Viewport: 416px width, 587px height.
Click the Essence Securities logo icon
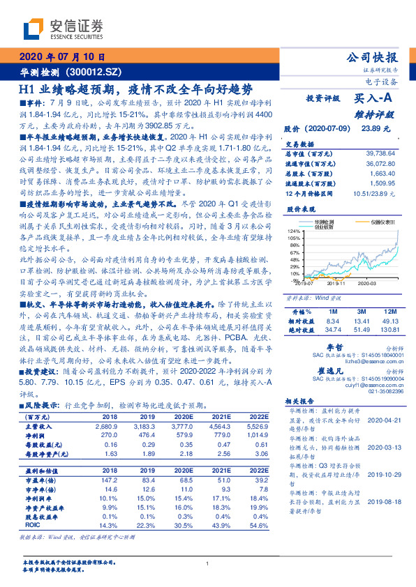click(x=33, y=30)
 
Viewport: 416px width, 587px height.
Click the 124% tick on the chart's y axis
click(x=292, y=231)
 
